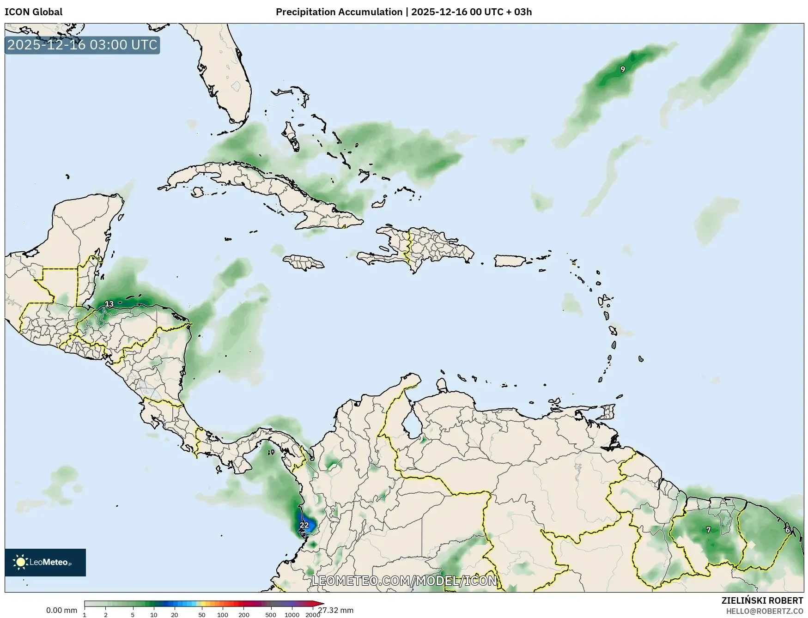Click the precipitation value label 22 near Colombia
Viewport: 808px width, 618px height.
tap(304, 525)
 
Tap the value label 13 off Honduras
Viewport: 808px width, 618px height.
tap(109, 304)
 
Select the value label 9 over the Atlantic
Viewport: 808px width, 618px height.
tap(623, 69)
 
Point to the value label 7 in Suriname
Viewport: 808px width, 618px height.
tap(709, 530)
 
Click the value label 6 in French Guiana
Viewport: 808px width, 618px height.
tap(788, 530)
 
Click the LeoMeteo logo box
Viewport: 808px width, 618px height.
tap(45, 562)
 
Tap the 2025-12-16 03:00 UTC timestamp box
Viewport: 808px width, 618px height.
tap(82, 45)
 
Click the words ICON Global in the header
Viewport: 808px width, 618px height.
tap(33, 12)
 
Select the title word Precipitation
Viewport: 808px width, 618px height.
tap(306, 12)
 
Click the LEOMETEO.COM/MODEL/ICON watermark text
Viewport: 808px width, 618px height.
tap(404, 581)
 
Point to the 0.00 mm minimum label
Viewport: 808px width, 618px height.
tap(61, 611)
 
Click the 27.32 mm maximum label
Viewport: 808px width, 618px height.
tap(336, 611)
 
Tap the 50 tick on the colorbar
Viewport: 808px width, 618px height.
tap(201, 615)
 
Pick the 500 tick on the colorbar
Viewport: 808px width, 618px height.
tap(271, 615)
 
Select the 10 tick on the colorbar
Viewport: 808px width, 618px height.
tap(153, 615)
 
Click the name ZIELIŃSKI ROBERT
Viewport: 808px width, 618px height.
tap(762, 600)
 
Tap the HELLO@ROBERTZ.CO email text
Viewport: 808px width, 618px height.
tap(765, 611)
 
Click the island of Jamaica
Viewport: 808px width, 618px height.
tap(304, 263)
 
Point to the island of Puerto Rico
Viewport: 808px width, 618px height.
tap(510, 261)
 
